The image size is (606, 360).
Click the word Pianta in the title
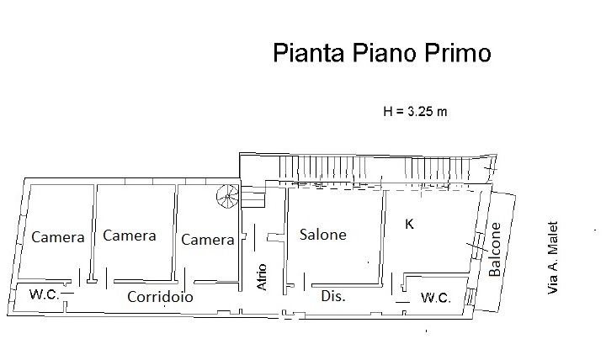pyautogui.click(x=308, y=52)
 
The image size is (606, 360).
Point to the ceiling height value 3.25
pyautogui.click(x=421, y=112)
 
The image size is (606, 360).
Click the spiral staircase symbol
pyautogui.click(x=228, y=197)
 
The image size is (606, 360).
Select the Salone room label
pyautogui.click(x=323, y=235)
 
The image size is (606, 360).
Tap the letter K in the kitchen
pyautogui.click(x=409, y=224)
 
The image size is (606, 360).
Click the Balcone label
pyautogui.click(x=495, y=250)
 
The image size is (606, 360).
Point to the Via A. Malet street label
pyautogui.click(x=553, y=257)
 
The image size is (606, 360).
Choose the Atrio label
pyautogui.click(x=262, y=277)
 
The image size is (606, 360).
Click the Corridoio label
pyautogui.click(x=160, y=297)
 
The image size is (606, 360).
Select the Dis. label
pyautogui.click(x=333, y=296)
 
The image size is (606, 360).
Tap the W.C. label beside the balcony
pyautogui.click(x=436, y=298)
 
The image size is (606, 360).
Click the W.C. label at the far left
pyautogui.click(x=45, y=294)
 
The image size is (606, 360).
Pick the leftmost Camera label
pyautogui.click(x=58, y=237)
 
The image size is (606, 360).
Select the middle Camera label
pyautogui.click(x=130, y=236)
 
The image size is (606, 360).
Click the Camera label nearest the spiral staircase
pyautogui.click(x=208, y=240)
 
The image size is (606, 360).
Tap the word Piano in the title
pyautogui.click(x=384, y=52)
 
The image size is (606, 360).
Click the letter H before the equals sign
pyautogui.click(x=388, y=112)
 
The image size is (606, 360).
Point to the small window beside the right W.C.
pyautogui.click(x=469, y=297)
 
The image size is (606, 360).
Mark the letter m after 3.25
pyautogui.click(x=442, y=113)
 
